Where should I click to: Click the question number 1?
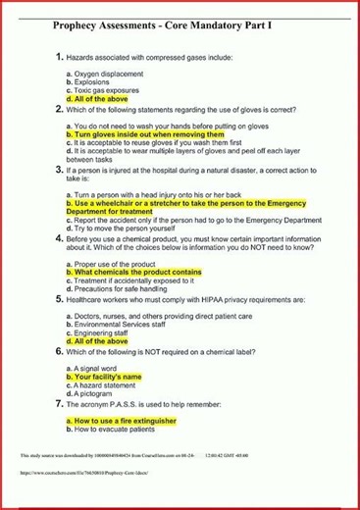59,58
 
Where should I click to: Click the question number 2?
59,110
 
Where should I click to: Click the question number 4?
59,237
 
